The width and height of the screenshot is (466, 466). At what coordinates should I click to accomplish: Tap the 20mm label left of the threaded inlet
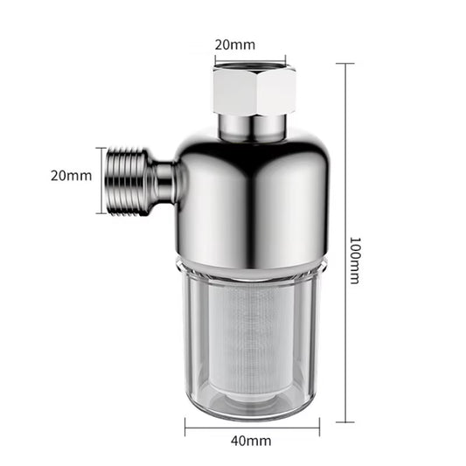pos(70,175)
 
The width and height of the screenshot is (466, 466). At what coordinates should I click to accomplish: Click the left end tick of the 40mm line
pos(184,427)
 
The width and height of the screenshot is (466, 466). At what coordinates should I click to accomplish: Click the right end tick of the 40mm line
pos(319,427)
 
